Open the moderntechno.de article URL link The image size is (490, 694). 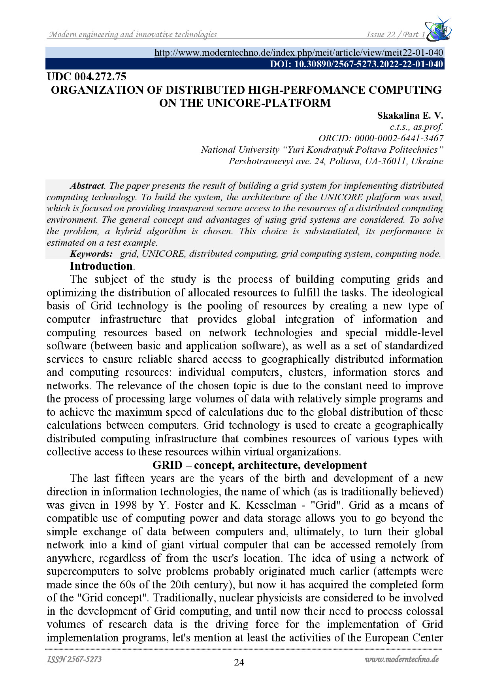(299, 53)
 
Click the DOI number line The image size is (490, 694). (356, 64)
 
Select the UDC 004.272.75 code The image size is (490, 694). (87, 77)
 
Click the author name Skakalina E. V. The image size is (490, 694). (410, 116)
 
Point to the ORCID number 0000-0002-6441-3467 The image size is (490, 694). (399, 138)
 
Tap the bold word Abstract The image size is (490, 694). (87, 186)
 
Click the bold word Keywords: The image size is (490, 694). (91, 254)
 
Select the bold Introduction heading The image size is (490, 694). (102, 266)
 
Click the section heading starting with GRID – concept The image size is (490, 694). (259, 465)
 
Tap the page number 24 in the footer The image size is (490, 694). (239, 662)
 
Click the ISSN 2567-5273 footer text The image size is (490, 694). (74, 659)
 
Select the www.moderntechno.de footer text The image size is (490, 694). (401, 659)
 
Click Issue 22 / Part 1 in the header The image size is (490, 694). (396, 35)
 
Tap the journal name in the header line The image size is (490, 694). (133, 35)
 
